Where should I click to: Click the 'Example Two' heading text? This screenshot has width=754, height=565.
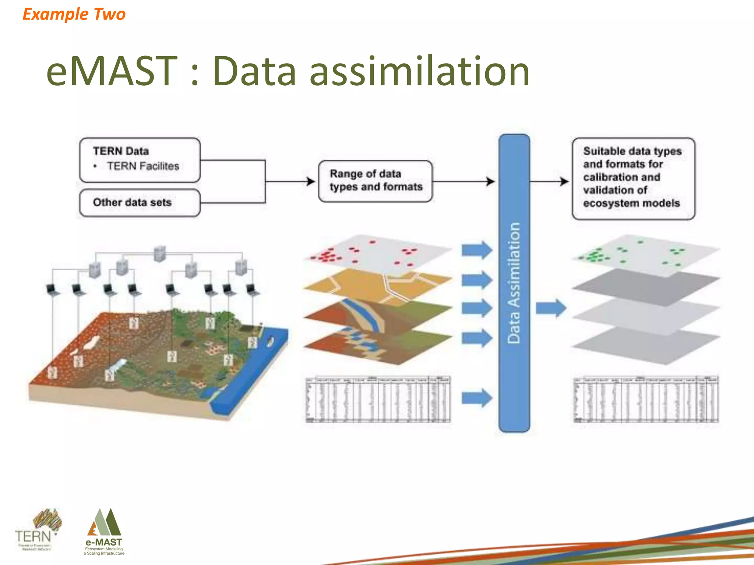(74, 14)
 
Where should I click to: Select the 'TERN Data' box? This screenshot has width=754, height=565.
(140, 160)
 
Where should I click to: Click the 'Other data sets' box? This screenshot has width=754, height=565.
(140, 203)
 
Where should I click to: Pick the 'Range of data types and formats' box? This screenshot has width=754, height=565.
(375, 181)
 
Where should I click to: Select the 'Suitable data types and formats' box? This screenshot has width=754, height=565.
(633, 178)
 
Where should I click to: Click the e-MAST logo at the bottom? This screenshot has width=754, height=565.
(104, 532)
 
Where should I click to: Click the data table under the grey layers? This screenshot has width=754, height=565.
(646, 399)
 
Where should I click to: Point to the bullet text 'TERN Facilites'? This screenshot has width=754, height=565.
(143, 166)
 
